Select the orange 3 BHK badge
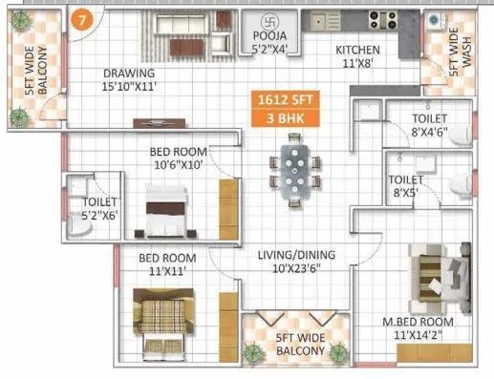[282, 118]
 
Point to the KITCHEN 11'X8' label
[357, 57]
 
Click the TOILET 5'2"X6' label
[99, 209]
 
